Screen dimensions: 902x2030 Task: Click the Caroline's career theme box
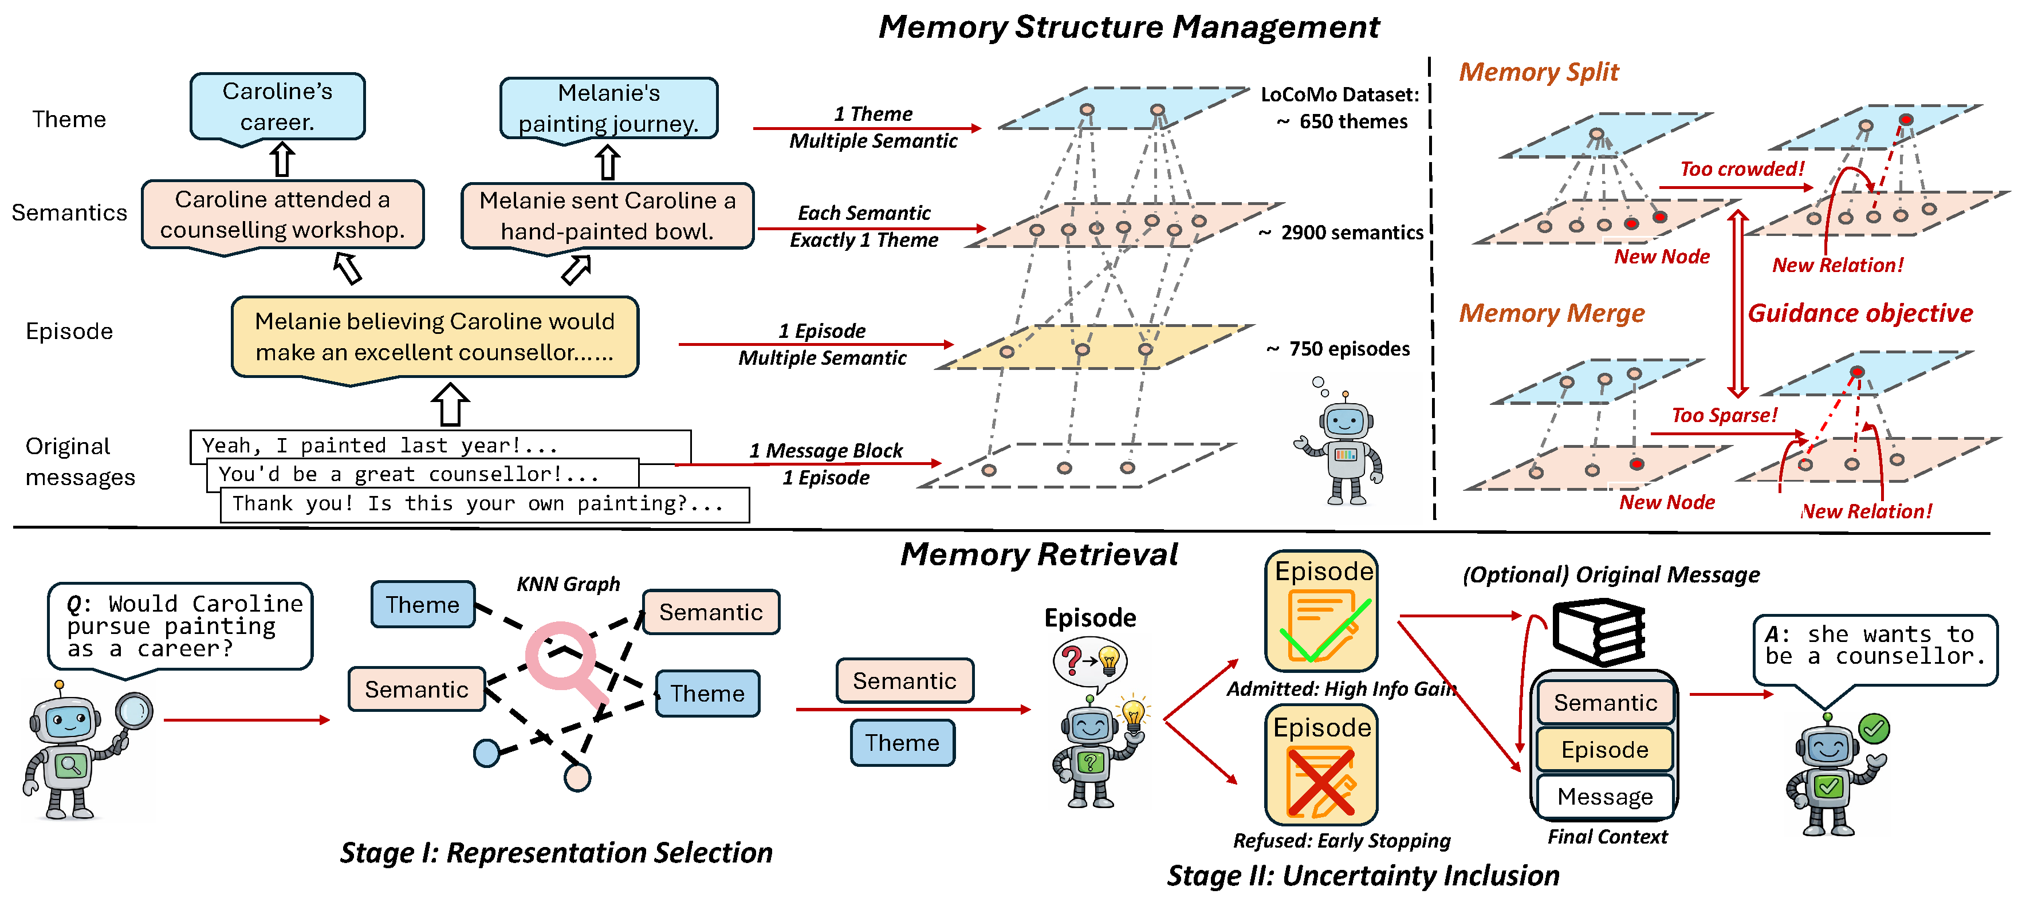point(277,107)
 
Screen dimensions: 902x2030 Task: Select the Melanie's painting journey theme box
point(608,108)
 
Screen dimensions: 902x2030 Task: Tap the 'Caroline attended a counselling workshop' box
point(282,214)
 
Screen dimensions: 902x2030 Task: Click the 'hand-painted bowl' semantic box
point(607,216)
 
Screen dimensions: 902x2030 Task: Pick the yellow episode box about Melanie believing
point(434,336)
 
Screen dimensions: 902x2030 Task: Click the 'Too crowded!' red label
point(1741,168)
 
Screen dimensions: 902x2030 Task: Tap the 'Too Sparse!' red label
point(1724,415)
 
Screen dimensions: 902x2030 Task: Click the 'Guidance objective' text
point(1860,313)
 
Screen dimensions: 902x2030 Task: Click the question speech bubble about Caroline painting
point(180,627)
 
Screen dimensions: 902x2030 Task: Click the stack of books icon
point(1598,633)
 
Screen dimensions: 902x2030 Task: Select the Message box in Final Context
point(1604,797)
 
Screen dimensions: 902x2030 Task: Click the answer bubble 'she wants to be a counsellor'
point(1875,647)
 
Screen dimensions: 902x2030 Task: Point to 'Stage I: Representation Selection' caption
point(556,852)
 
